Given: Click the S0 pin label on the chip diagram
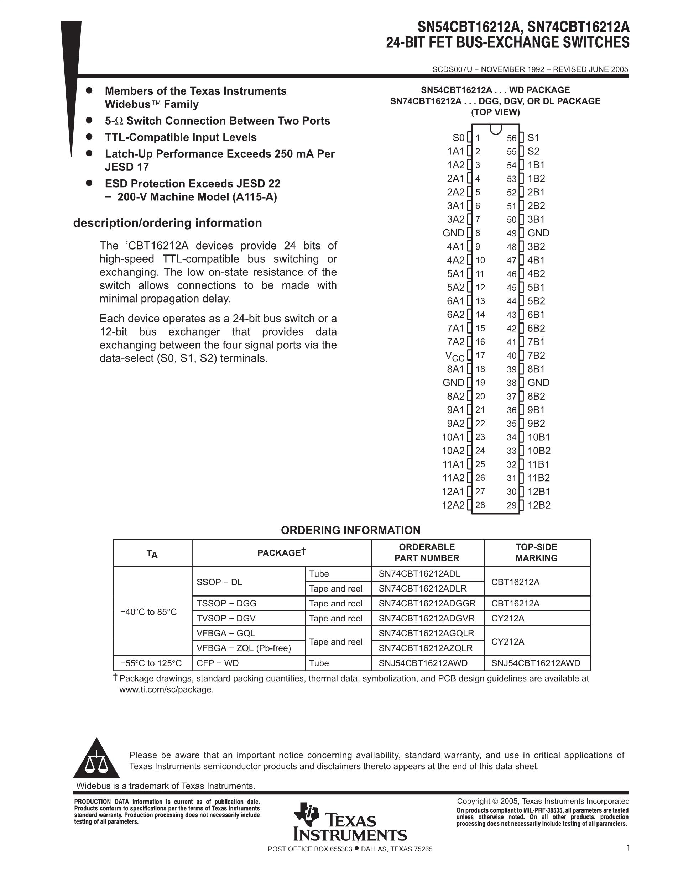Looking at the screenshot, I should pyautogui.click(x=458, y=138).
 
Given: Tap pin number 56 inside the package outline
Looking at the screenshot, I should pyautogui.click(x=511, y=138).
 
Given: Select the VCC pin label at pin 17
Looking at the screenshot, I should pyautogui.click(x=455, y=356).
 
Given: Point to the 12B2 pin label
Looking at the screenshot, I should pyautogui.click(x=539, y=505).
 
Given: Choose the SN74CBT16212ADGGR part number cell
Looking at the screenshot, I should pyautogui.click(x=427, y=604).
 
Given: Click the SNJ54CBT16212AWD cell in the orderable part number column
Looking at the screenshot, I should pyautogui.click(x=423, y=663).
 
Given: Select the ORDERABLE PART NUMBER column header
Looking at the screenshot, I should pyautogui.click(x=427, y=552).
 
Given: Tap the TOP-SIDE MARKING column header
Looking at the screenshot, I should pyautogui.click(x=536, y=552).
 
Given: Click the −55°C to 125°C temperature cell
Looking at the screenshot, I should pyautogui.click(x=151, y=663).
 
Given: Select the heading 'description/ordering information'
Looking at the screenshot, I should pyautogui.click(x=167, y=223).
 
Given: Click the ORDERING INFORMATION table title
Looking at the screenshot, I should pyautogui.click(x=350, y=530).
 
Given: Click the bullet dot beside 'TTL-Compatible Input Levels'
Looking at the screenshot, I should pyautogui.click(x=89, y=137).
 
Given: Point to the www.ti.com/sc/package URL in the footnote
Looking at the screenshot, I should pyautogui.click(x=166, y=689).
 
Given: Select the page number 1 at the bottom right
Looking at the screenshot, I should pyautogui.click(x=628, y=848).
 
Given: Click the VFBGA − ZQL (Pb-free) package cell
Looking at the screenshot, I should pyautogui.click(x=244, y=648).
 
